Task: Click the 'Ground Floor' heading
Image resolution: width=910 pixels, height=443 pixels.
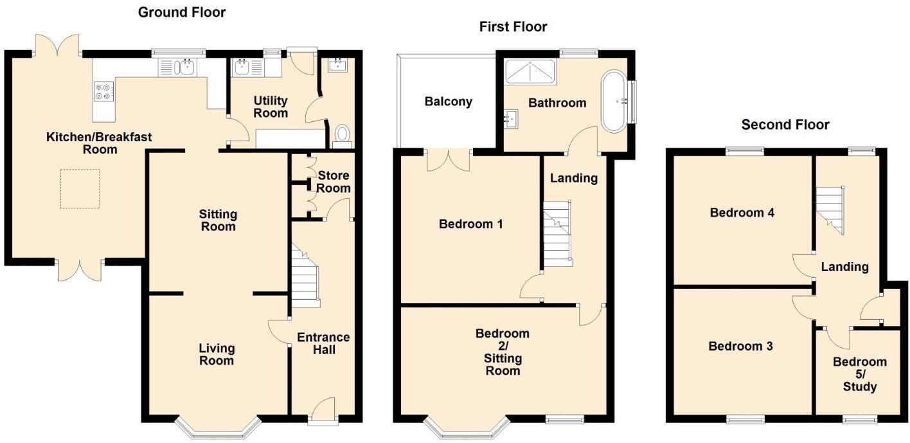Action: [182, 12]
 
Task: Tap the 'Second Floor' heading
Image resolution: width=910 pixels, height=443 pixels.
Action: [785, 125]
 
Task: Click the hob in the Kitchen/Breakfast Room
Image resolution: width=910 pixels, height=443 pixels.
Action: [103, 92]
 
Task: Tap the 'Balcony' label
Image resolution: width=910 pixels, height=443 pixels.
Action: [448, 101]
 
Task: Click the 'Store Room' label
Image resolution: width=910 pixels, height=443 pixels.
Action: [334, 182]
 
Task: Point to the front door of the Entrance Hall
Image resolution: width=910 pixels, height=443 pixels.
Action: [323, 411]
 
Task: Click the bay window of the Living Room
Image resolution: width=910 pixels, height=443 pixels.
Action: [219, 428]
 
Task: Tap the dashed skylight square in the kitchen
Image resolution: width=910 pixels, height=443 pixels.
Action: [80, 189]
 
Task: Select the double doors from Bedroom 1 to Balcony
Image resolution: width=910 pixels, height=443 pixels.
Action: [448, 161]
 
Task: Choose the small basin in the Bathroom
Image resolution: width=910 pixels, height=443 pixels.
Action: [512, 118]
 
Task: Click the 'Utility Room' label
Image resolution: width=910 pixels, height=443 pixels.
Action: [271, 107]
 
